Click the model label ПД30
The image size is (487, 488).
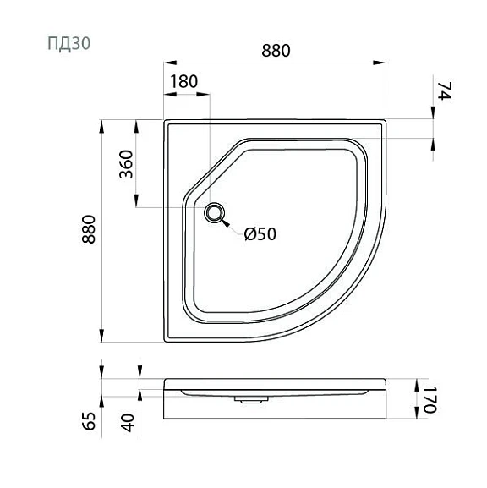pos(68,43)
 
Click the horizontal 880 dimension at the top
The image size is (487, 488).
pos(276,51)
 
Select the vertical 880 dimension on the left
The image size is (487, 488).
pos(89,229)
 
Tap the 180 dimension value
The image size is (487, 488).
pos(184,81)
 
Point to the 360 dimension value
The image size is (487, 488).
pos(126,164)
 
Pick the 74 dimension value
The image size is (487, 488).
pos(445,90)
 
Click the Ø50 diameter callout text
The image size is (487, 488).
pos(260,234)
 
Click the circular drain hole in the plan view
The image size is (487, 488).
pos(214,212)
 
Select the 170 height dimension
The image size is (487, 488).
pos(430,399)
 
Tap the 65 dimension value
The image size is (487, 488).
pos(89,421)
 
